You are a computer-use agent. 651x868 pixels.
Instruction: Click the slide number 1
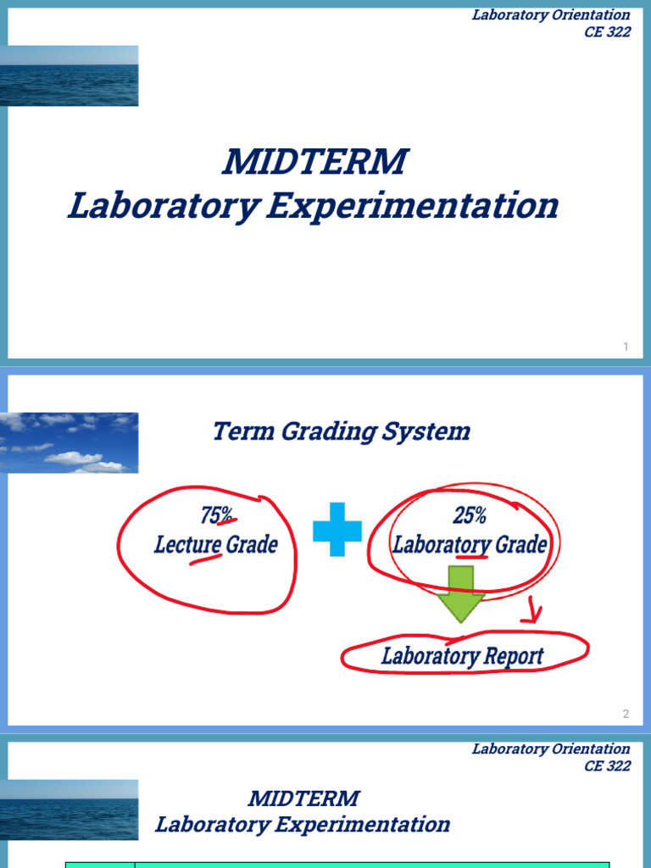(626, 347)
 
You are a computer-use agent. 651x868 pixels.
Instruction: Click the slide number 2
(626, 714)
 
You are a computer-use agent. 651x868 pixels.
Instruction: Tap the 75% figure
(216, 515)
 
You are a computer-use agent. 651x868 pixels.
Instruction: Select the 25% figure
(469, 515)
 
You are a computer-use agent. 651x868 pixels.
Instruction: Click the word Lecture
(187, 544)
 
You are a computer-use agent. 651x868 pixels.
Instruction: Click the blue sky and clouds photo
(70, 442)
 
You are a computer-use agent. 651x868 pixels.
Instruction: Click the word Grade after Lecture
(252, 544)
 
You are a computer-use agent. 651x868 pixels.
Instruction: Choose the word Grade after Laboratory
(518, 544)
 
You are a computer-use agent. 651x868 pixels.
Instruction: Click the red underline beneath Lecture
(203, 559)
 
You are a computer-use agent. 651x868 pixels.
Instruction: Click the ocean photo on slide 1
(70, 75)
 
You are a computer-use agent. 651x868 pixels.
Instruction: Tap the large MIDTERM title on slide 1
(315, 162)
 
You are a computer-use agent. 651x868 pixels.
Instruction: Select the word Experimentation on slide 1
(413, 206)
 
